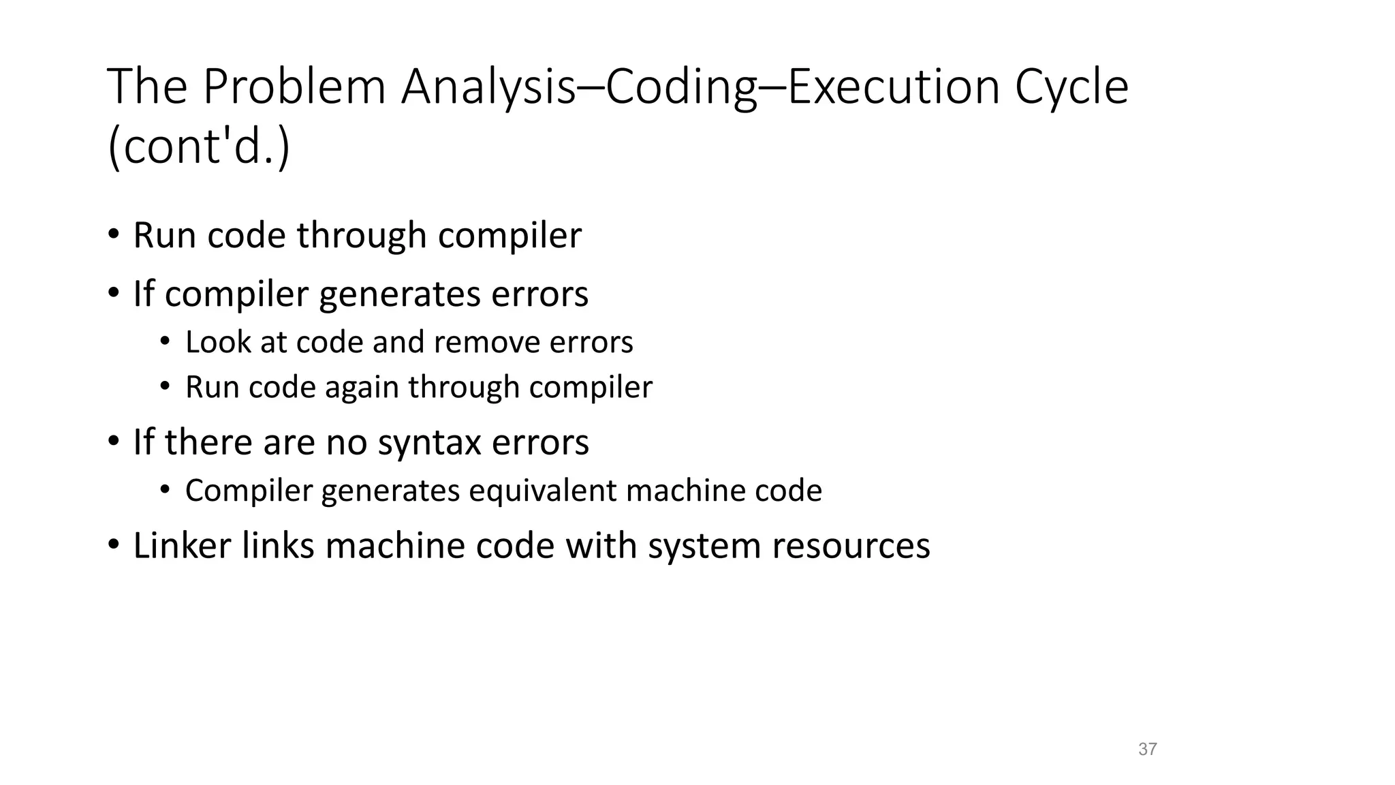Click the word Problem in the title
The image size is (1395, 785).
pos(294,87)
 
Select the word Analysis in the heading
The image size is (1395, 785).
pos(488,87)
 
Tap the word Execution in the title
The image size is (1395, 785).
pos(893,87)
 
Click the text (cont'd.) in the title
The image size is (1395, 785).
pos(199,147)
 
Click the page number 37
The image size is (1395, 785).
pos(1147,750)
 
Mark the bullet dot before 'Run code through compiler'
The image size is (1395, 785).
pos(114,234)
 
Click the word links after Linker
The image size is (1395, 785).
pos(278,546)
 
